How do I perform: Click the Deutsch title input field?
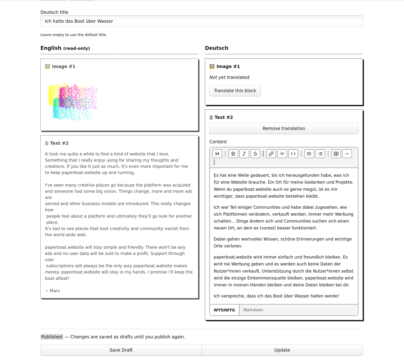tap(201, 21)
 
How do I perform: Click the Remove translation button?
tap(284, 128)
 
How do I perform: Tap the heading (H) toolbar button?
tap(217, 154)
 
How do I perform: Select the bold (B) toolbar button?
tap(233, 154)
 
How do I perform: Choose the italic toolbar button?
tap(244, 154)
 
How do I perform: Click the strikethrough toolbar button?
tap(255, 154)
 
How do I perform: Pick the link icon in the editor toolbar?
tap(271, 154)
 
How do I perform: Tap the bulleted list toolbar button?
tap(309, 154)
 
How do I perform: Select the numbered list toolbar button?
tap(320, 154)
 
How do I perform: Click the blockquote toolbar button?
tap(336, 154)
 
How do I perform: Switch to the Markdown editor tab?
tap(253, 310)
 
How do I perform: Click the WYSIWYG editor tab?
tap(224, 310)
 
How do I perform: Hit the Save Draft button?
tap(121, 350)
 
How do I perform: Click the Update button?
tap(282, 350)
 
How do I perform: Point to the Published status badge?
tap(52, 337)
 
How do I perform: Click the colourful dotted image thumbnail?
tap(73, 102)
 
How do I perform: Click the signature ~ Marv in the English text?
tap(53, 291)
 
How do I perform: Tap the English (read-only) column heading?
tap(65, 48)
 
